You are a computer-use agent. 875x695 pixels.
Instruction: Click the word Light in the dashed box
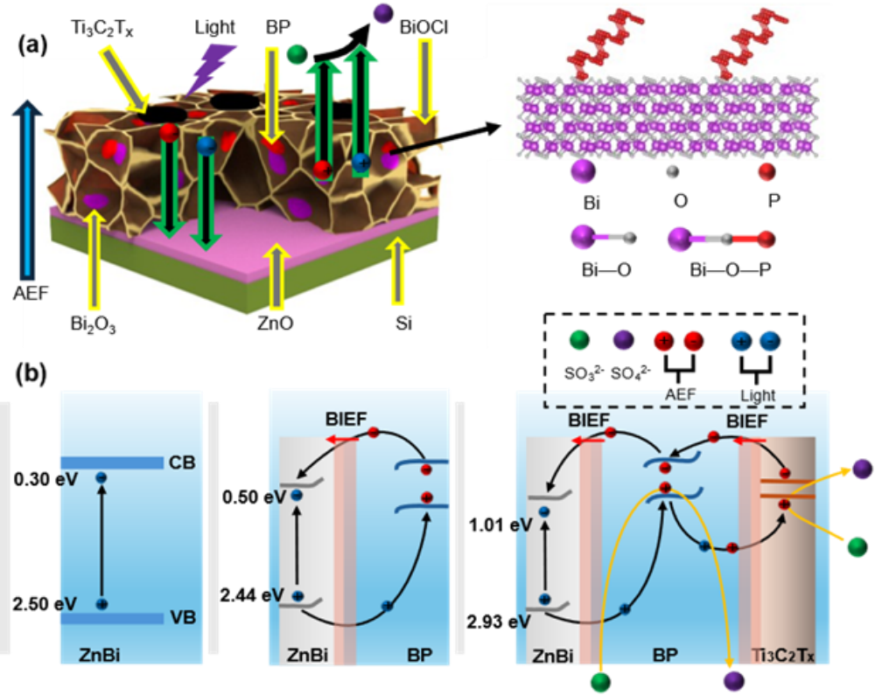[757, 396]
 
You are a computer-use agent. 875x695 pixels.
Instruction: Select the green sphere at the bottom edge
[600, 682]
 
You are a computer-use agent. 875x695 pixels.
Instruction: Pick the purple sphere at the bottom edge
[733, 682]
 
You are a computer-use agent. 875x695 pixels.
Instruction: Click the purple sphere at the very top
[382, 13]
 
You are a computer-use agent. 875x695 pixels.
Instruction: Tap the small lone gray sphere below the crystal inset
[672, 172]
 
